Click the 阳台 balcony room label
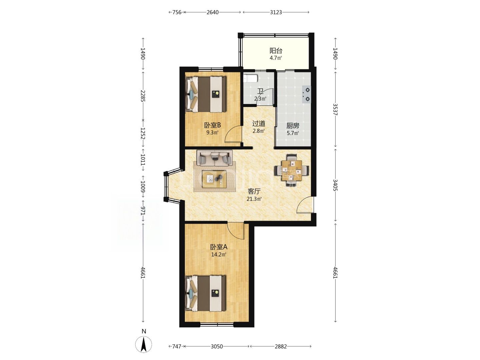pos(276,51)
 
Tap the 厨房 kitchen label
pos(293,126)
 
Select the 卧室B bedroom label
pos(212,125)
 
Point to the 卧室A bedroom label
pos(219,247)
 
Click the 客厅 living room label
pos(254,191)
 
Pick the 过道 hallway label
pos(259,124)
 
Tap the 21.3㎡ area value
pos(254,199)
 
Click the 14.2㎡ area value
pos(219,254)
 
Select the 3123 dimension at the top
pos(276,12)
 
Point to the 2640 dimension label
pos(213,12)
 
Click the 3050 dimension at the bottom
pos(217,346)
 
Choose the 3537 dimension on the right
pos(335,109)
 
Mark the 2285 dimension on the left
pos(143,96)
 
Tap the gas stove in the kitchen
pos(306,94)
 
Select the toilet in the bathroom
pos(251,78)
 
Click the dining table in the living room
pos(292,170)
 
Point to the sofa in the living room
pos(215,158)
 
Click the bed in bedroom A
pos(205,293)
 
